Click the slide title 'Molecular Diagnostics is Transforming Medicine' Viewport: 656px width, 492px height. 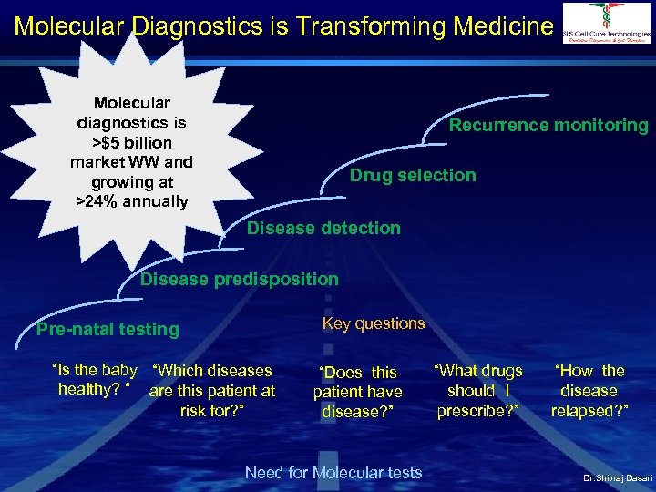(x=283, y=25)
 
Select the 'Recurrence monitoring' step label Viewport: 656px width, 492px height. (x=548, y=126)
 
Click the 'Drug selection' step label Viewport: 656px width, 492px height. (x=413, y=175)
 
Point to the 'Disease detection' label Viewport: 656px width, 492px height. (x=323, y=228)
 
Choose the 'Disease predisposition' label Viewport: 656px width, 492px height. (x=239, y=279)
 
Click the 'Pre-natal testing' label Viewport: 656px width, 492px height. (x=108, y=329)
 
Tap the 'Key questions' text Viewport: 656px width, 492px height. (x=374, y=323)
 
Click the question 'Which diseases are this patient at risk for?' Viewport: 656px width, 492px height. (x=211, y=390)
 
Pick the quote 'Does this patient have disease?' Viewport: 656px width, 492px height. (x=357, y=391)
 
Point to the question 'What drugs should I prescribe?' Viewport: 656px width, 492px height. (x=478, y=390)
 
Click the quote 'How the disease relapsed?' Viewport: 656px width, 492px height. (x=589, y=390)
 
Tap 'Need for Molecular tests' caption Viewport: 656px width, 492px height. (x=333, y=472)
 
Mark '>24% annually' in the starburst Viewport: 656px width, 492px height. (x=132, y=201)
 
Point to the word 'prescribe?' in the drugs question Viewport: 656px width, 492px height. (x=478, y=410)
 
